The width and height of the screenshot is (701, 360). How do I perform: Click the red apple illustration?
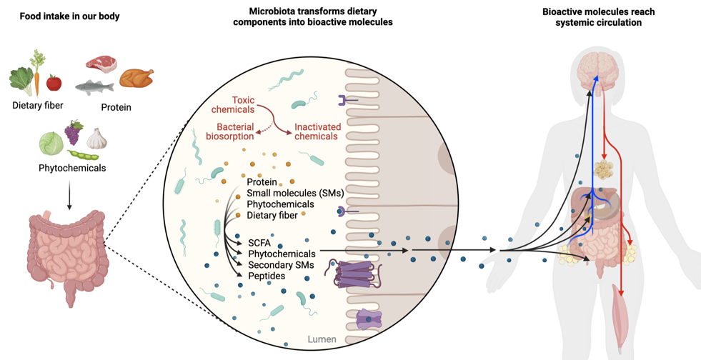click(x=54, y=83)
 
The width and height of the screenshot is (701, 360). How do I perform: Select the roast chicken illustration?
click(x=136, y=77)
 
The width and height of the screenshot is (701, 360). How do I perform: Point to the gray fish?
click(x=94, y=87)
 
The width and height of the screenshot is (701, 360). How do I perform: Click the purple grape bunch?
click(x=74, y=133)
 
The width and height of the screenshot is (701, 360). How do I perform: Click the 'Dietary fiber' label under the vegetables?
click(x=38, y=106)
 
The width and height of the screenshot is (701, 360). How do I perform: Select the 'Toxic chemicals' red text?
click(x=233, y=104)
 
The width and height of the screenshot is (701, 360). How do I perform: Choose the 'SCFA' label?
click(x=259, y=243)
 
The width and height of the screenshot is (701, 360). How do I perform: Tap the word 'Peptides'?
click(x=267, y=275)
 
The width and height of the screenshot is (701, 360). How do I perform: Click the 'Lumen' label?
click(x=322, y=339)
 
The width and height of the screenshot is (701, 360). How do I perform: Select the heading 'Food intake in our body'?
click(x=69, y=16)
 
